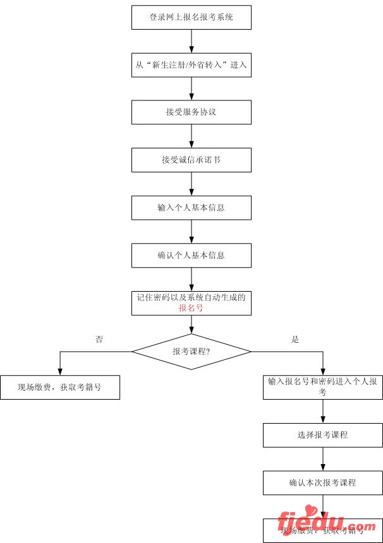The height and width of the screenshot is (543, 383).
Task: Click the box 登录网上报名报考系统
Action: click(191, 18)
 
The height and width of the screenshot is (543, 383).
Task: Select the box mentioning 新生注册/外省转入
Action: click(191, 65)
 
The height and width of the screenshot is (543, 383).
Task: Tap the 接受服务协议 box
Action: click(191, 112)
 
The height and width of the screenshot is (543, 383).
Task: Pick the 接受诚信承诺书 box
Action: click(191, 160)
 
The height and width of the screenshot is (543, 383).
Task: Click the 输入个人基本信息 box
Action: click(191, 208)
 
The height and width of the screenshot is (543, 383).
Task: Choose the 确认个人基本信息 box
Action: click(191, 255)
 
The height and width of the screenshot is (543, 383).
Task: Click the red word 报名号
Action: click(191, 308)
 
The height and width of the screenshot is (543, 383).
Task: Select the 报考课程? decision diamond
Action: click(191, 351)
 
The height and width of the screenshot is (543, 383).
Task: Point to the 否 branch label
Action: click(99, 339)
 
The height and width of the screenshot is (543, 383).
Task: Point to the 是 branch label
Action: click(295, 339)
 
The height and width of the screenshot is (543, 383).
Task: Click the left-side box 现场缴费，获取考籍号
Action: click(59, 387)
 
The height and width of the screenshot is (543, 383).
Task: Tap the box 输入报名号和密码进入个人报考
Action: click(323, 386)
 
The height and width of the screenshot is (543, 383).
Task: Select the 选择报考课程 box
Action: click(323, 435)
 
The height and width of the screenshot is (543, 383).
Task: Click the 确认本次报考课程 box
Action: click(323, 483)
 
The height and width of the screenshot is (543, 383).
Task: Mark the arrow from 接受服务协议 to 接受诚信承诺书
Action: click(191, 136)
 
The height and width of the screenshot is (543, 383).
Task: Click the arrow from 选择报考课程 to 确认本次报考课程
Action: click(323, 459)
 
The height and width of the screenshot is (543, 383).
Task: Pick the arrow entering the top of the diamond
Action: click(191, 325)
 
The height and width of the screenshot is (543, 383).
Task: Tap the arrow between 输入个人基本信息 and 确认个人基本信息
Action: click(191, 231)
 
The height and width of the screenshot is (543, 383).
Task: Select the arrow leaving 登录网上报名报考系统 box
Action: click(191, 41)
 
